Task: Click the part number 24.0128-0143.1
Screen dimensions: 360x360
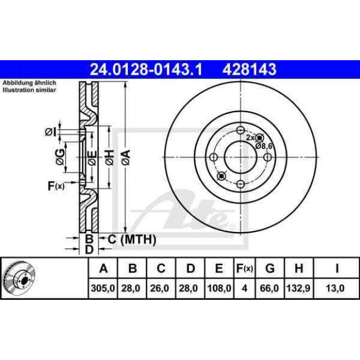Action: click(146, 69)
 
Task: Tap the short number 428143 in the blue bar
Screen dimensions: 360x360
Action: click(249, 69)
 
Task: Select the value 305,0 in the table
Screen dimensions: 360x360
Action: click(103, 288)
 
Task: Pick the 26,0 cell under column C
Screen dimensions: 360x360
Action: click(160, 288)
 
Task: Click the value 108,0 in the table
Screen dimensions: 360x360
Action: click(219, 288)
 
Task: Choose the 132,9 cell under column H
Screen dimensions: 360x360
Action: click(299, 288)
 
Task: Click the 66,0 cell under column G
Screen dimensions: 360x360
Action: click(270, 288)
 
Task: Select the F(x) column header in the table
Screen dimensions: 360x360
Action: click(244, 268)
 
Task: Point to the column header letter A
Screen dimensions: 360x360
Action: click(104, 268)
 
